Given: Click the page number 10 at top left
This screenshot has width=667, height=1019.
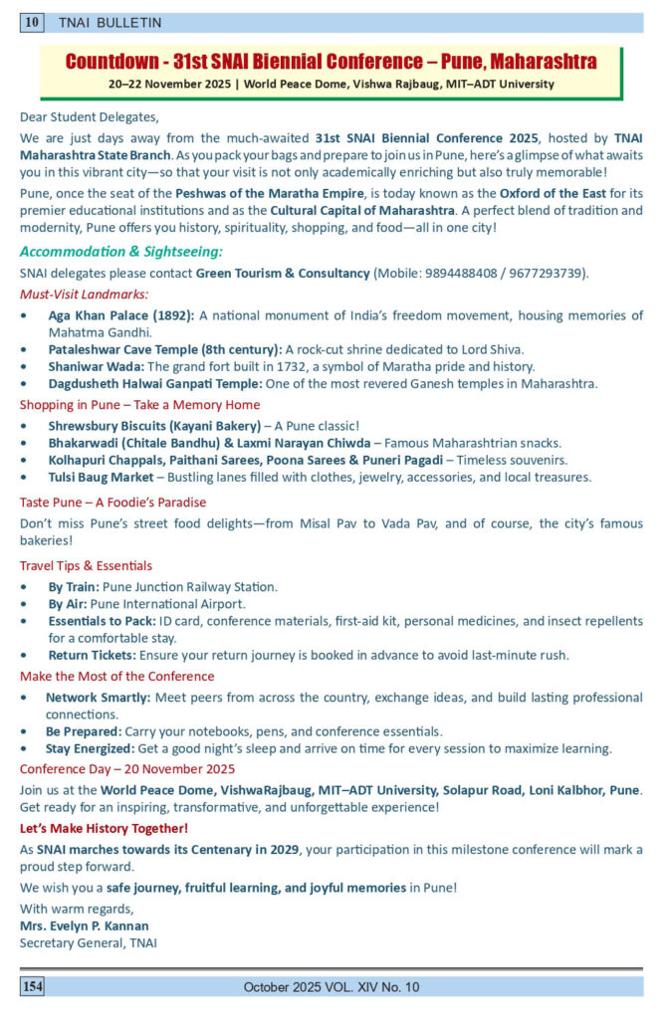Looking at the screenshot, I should pyautogui.click(x=33, y=22).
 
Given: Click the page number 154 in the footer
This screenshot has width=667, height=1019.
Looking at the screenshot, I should pyautogui.click(x=33, y=986).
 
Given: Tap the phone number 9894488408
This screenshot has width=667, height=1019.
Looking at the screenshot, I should pyautogui.click(x=470, y=273).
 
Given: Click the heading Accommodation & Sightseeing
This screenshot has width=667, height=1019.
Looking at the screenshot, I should pyautogui.click(x=120, y=252).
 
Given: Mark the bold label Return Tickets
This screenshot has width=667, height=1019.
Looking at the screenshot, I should pyautogui.click(x=93, y=655).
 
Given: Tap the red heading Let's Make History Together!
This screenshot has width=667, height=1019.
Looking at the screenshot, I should pyautogui.click(x=104, y=828).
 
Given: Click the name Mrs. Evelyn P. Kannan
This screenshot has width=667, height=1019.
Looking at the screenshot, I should pyautogui.click(x=85, y=925).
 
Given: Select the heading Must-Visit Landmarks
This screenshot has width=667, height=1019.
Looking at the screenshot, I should pyautogui.click(x=84, y=294).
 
